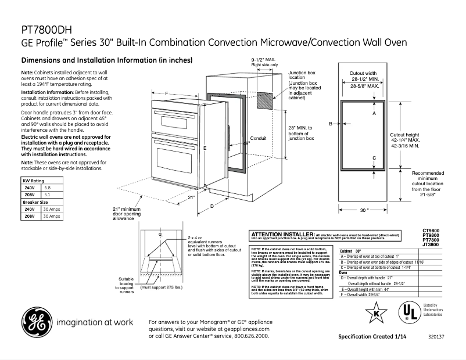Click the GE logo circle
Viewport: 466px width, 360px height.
click(x=35, y=322)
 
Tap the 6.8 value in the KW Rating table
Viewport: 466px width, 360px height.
click(x=48, y=188)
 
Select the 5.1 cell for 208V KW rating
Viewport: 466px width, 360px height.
click(x=48, y=195)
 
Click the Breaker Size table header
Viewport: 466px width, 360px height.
click(x=35, y=202)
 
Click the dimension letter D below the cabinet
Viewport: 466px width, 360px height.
click(x=212, y=206)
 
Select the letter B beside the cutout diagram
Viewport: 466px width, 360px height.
click(x=331, y=124)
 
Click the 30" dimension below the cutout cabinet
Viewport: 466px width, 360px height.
click(x=364, y=210)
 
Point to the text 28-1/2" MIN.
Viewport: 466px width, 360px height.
click(x=364, y=78)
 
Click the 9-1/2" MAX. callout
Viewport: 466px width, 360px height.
click(x=263, y=60)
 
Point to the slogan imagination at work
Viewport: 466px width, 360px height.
click(x=95, y=322)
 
